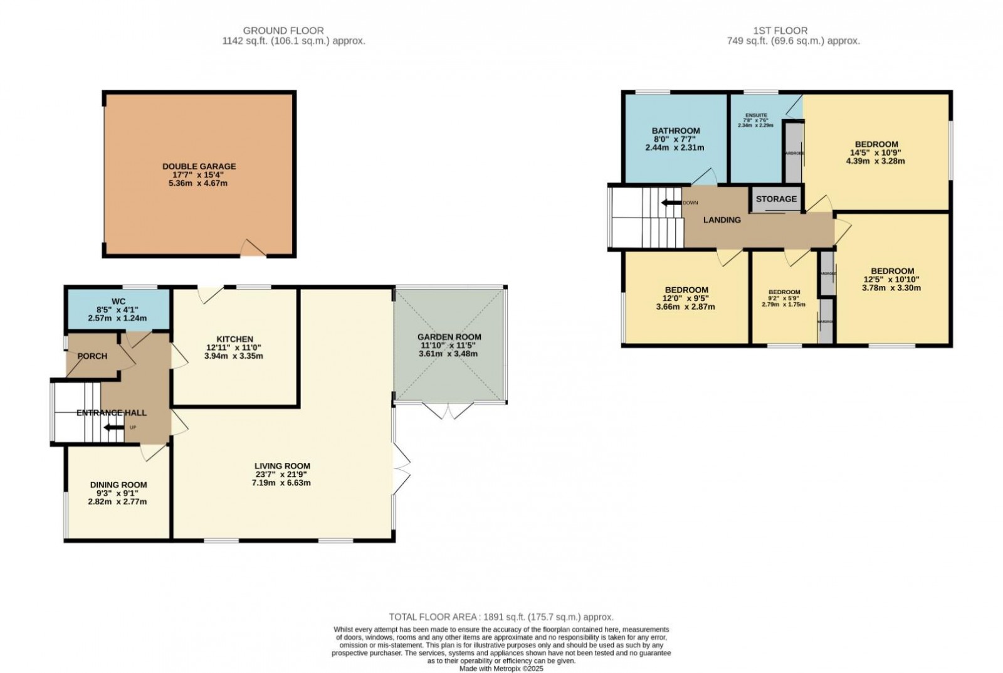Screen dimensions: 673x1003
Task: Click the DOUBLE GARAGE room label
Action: [x=199, y=166]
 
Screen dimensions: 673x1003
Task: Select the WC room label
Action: [x=118, y=302]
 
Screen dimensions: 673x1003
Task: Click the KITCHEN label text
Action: [x=234, y=339]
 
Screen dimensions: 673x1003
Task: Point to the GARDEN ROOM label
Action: [x=449, y=337]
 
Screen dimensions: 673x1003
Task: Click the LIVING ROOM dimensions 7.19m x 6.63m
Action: [x=282, y=483]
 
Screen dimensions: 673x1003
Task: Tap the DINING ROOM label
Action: [x=118, y=485]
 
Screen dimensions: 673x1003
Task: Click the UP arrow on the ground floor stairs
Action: [x=114, y=428]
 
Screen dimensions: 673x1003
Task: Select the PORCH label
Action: [x=92, y=356]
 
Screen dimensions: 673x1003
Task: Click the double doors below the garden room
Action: [x=449, y=411]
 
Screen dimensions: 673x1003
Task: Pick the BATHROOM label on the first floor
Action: [x=675, y=131]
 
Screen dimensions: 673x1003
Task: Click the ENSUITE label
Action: [x=755, y=116]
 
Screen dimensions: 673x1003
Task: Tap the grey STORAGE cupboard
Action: [x=776, y=199]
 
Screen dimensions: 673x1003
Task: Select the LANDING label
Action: [x=722, y=220]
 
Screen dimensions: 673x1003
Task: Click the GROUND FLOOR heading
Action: [x=283, y=30]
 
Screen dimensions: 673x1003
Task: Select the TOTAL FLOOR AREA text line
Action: [x=501, y=617]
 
